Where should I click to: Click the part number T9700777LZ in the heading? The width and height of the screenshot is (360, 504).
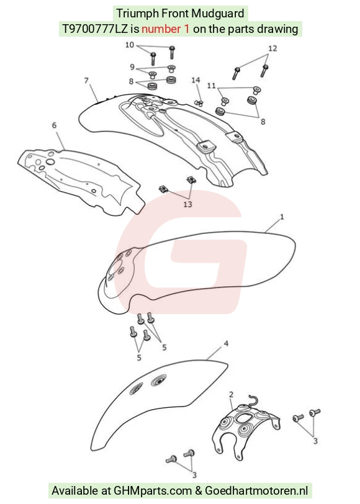point(94,29)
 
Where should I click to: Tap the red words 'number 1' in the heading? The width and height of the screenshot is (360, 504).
point(166,29)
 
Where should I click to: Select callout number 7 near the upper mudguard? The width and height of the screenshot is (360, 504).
point(86,80)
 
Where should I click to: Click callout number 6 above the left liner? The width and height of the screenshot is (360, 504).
point(54,125)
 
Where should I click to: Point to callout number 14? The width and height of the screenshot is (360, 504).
point(196,80)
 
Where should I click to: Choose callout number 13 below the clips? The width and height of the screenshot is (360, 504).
point(187,204)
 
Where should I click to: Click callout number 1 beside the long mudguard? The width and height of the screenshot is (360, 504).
point(282,217)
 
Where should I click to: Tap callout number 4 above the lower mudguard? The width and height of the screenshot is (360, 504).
point(227,344)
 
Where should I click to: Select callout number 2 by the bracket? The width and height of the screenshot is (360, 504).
point(231,394)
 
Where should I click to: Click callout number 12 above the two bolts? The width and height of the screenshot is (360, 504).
point(272,48)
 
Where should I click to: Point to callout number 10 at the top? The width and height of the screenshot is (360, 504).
point(130,45)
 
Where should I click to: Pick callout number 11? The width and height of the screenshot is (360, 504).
point(211,86)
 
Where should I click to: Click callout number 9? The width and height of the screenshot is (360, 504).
point(132,67)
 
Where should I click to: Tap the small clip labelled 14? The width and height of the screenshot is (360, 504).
point(199,103)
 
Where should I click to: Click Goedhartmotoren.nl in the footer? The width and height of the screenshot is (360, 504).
point(256,490)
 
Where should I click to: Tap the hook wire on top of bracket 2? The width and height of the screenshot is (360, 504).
point(253,401)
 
